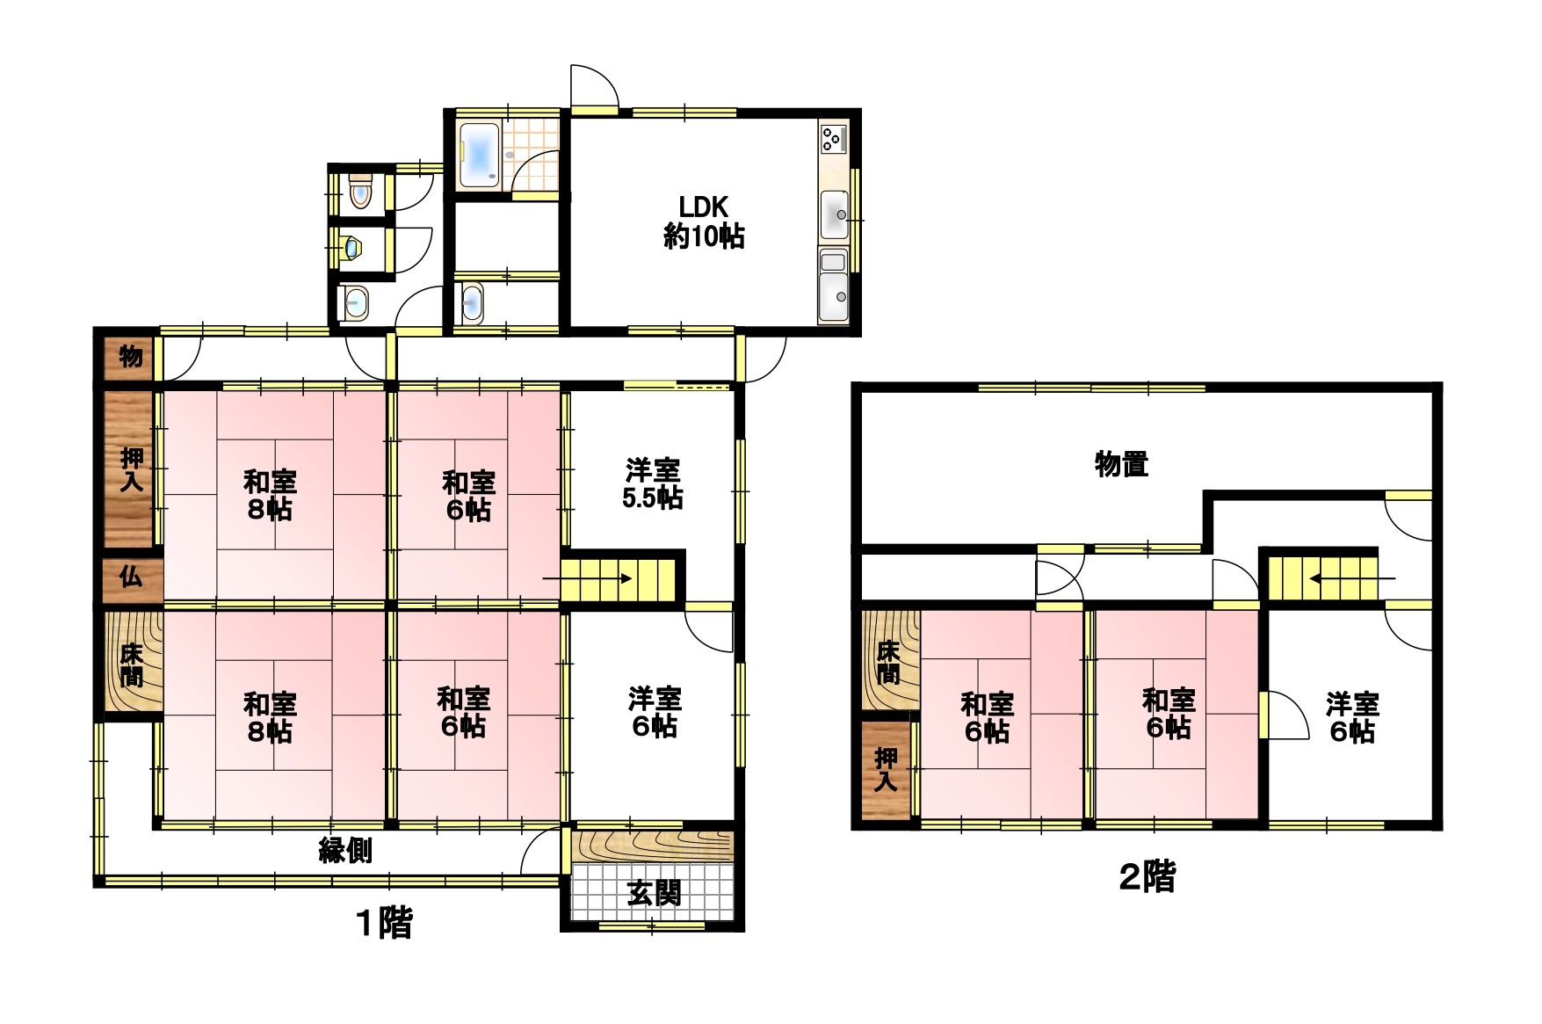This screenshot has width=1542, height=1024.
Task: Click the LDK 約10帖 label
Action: click(704, 222)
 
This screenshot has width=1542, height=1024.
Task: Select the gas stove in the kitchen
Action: click(833, 139)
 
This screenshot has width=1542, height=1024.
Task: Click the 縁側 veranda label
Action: click(345, 850)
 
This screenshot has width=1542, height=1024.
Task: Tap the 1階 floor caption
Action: click(384, 923)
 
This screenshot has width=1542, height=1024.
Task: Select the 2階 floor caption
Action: click(1147, 876)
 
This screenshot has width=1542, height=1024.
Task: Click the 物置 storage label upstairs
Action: click(1121, 463)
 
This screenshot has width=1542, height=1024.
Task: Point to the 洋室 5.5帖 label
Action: click(653, 483)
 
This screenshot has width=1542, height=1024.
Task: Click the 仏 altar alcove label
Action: click(130, 577)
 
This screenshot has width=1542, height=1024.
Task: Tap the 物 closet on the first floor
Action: click(130, 356)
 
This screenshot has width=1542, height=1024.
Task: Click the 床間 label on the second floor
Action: click(887, 663)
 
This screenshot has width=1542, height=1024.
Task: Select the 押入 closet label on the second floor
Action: click(887, 769)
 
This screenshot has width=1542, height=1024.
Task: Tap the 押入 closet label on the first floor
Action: click(131, 469)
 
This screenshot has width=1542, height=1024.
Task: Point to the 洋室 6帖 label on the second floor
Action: click(1352, 717)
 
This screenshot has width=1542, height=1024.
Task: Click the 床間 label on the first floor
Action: click(131, 665)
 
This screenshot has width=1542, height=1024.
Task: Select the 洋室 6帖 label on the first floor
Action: click(654, 712)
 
